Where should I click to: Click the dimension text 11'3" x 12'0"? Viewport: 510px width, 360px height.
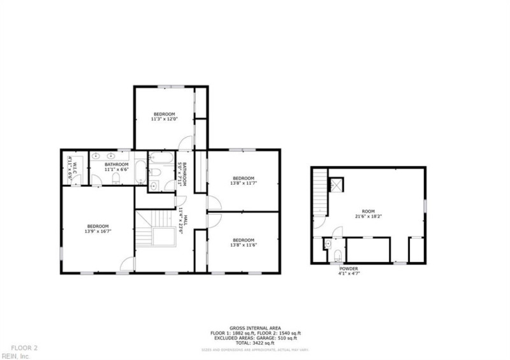tap(164, 119)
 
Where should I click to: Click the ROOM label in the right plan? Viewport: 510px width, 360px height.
tap(368, 210)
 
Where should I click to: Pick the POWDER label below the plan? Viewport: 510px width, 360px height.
tap(348, 268)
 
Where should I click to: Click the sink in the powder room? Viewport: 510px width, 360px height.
tap(327, 243)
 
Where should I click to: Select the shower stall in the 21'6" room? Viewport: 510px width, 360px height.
tap(336, 184)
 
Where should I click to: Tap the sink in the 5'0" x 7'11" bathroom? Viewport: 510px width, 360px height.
tap(154, 186)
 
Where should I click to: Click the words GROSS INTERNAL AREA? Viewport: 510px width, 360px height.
tap(255, 328)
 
